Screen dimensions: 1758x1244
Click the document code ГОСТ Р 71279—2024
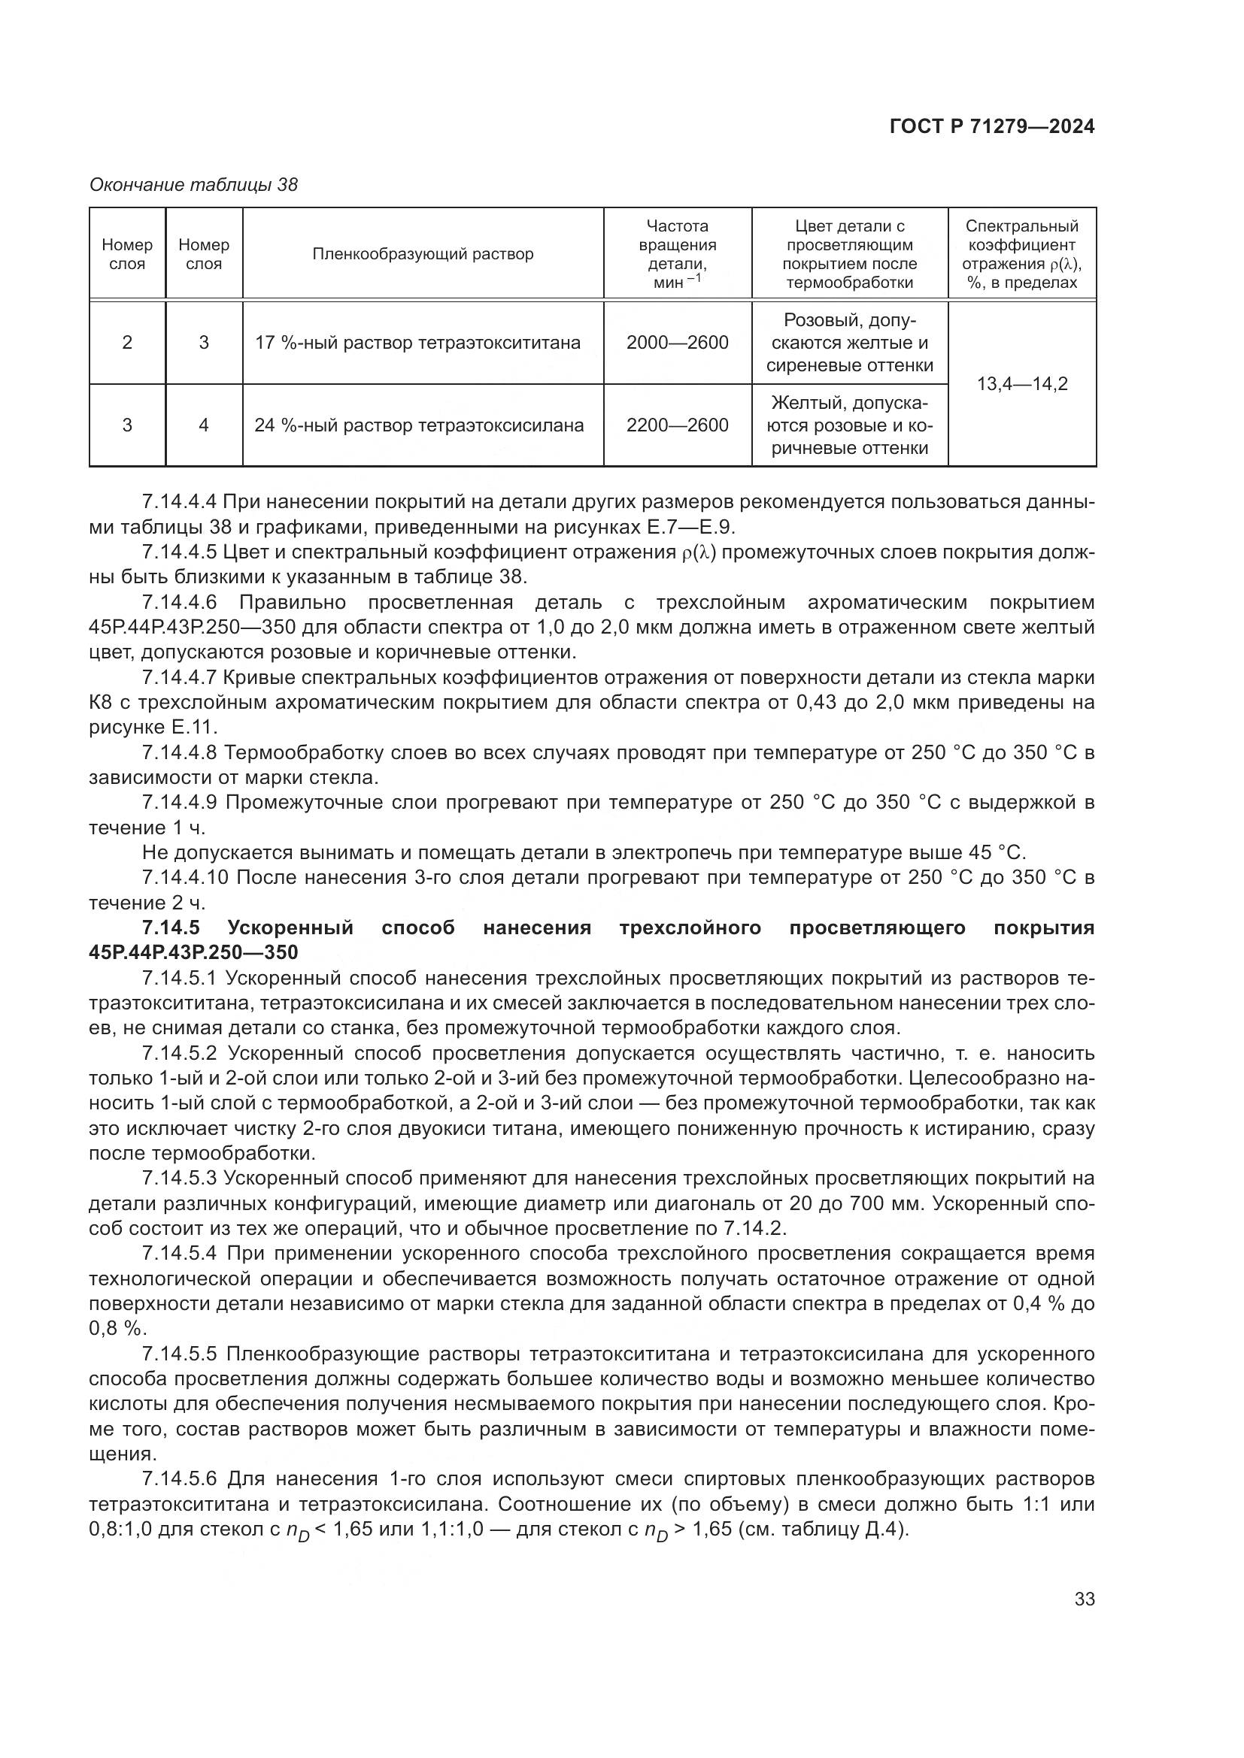(991, 126)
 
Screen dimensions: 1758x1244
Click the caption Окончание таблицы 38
(193, 185)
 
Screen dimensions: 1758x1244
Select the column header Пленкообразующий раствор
(422, 253)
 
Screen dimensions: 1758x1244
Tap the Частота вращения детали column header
(676, 253)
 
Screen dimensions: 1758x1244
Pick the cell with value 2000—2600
(676, 342)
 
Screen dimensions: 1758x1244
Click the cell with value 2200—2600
(676, 425)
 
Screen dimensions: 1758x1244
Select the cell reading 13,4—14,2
(1021, 383)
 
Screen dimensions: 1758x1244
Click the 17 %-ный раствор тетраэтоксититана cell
(417, 342)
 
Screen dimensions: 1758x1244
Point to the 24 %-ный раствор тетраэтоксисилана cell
(419, 425)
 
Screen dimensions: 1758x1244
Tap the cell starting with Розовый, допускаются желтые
(848, 342)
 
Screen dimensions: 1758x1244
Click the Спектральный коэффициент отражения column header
(1021, 253)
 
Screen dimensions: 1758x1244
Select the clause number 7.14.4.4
(181, 501)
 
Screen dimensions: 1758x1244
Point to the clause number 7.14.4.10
(185, 877)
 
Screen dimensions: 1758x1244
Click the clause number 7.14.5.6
(181, 1478)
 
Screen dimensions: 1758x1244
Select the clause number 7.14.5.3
(181, 1178)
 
